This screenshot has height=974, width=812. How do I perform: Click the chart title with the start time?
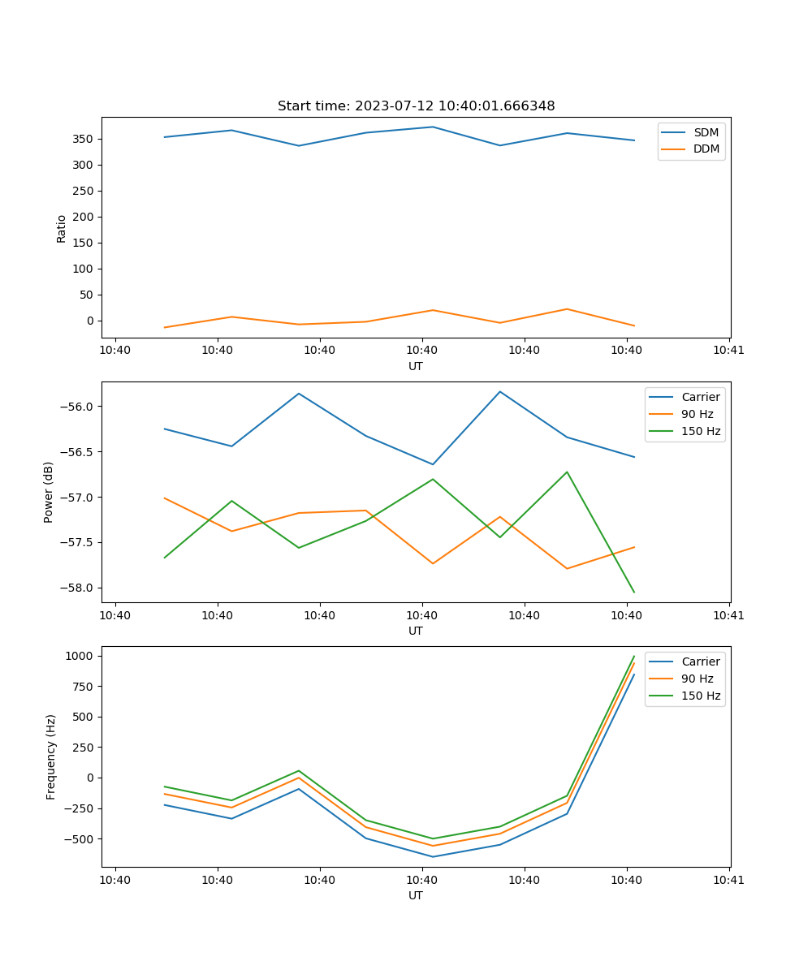click(416, 106)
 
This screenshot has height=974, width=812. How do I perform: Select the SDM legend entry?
click(706, 132)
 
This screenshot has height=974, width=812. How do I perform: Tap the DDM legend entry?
click(706, 149)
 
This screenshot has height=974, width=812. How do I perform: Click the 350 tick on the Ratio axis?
click(84, 139)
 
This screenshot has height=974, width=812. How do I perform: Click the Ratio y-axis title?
click(62, 228)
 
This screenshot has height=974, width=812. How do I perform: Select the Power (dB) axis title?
click(49, 492)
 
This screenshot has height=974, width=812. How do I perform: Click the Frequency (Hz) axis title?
click(51, 756)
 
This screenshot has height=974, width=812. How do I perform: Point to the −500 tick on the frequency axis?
click(82, 838)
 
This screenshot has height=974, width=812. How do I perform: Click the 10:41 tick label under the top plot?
click(728, 351)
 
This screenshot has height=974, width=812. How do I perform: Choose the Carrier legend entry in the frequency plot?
click(700, 662)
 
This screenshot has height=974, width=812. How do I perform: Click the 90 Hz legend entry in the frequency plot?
click(697, 679)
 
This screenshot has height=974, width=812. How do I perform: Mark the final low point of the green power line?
click(633, 592)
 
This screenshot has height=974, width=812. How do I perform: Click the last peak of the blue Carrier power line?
click(500, 392)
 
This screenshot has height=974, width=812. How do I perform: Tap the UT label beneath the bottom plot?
click(416, 895)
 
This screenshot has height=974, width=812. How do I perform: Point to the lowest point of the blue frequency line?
click(433, 856)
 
